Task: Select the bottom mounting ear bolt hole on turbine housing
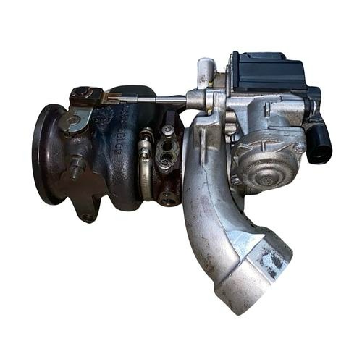click(x=88, y=215)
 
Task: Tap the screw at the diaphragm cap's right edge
click(x=298, y=148)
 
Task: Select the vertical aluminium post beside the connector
click(x=206, y=72)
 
